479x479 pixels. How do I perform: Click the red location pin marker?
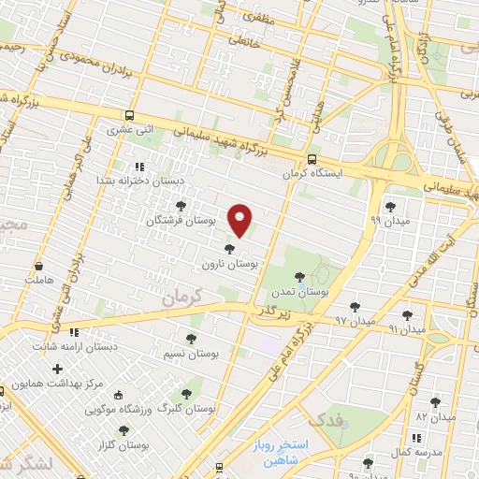point(241,220)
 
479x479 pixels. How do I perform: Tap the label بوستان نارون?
point(229,265)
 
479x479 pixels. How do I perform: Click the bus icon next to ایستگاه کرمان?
point(312,159)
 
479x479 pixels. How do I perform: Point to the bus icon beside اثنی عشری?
point(128,117)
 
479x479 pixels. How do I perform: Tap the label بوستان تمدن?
point(300,292)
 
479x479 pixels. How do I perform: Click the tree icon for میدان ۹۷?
point(355,306)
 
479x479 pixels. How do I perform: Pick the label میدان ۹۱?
point(407,329)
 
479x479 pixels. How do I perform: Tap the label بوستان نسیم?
point(192,355)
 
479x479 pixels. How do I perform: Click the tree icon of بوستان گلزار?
point(123,430)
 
